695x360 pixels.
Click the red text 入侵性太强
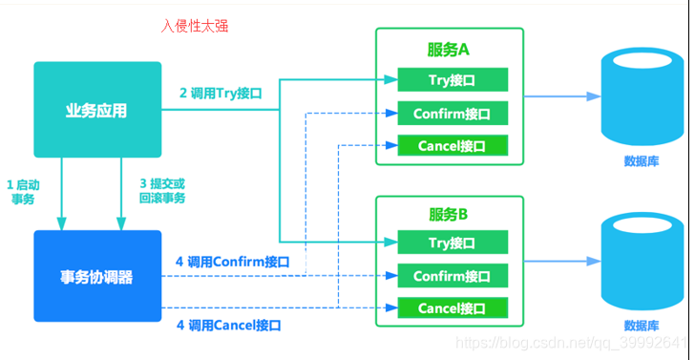pos(195,26)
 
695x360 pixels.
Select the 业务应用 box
pos(97,110)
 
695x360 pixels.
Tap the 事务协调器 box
pos(97,277)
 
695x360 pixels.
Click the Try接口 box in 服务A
pos(452,79)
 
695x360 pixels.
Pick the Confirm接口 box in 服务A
pos(452,114)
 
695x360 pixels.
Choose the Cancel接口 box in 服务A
pos(452,146)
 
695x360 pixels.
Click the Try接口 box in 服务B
pos(452,243)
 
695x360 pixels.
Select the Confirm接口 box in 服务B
pos(452,276)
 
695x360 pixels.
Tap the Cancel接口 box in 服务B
pos(452,307)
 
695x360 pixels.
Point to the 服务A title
pos(448,50)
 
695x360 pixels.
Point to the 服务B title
pos(448,214)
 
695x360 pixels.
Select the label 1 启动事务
pos(24,190)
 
